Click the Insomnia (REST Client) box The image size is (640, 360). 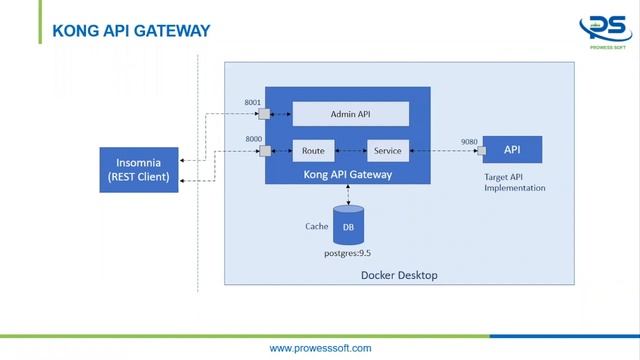coord(139,170)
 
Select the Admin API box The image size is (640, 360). coord(350,114)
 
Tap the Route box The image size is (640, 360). coord(313,151)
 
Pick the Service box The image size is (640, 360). coord(386,151)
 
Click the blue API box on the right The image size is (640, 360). coord(512,150)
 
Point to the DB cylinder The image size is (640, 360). coord(348,226)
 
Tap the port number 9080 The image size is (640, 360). coord(469,142)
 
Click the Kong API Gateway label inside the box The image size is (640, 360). coord(347,174)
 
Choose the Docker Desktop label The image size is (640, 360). coord(398,275)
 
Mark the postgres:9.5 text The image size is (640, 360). coord(349,254)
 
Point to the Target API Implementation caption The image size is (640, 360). coord(513,181)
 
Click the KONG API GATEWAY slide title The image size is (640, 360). coord(131,32)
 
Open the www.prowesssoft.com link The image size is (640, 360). coord(320,348)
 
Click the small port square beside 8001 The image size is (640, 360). coord(265,114)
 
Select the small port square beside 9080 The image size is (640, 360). coord(481,152)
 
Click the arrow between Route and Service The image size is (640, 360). coord(349,151)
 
